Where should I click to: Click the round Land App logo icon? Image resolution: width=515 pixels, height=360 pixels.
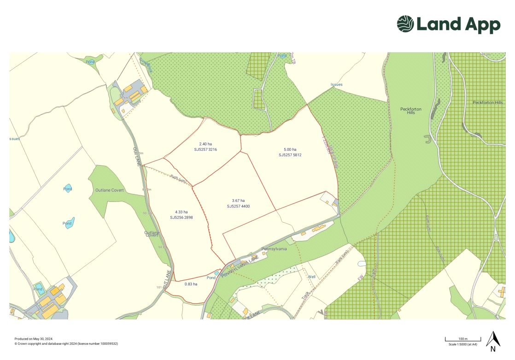tap(405, 24)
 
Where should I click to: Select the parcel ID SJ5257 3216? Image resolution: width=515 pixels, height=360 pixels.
tap(205, 150)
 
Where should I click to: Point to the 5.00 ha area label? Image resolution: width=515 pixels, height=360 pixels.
tap(290, 149)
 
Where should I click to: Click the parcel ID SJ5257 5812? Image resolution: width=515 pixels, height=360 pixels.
tap(290, 155)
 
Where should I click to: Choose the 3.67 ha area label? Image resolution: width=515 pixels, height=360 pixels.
tap(238, 201)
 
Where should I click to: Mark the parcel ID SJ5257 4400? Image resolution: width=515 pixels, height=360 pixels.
tap(238, 207)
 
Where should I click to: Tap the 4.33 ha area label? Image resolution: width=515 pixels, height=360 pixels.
tap(181, 212)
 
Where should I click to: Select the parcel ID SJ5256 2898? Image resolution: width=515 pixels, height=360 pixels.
tap(181, 217)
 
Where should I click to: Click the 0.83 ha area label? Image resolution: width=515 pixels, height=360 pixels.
tap(191, 284)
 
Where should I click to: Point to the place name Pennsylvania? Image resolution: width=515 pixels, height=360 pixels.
tap(274, 249)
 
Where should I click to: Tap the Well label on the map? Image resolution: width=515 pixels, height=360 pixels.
tap(312, 277)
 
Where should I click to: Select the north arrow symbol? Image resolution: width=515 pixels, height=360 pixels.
tap(493, 341)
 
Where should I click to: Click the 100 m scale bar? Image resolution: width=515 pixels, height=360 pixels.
tap(462, 340)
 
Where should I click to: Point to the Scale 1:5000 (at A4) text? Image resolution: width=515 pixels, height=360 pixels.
tap(462, 344)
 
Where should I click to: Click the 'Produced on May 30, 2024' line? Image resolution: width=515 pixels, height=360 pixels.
tap(34, 339)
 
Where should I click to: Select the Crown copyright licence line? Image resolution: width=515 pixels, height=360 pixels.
tap(66, 344)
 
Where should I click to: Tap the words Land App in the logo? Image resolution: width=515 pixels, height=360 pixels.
tap(458, 24)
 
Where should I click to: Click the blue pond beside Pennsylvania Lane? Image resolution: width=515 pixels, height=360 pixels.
tap(217, 273)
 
